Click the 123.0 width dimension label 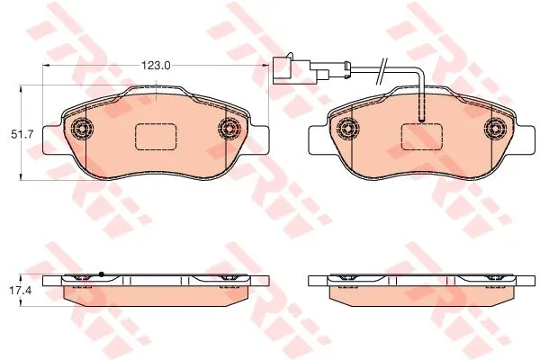[x=157, y=66]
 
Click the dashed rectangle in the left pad [x=156, y=137]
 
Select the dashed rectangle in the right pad [x=422, y=137]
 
